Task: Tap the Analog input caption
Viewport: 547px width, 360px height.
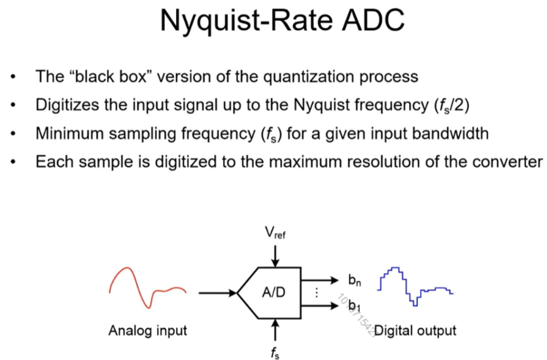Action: (147, 331)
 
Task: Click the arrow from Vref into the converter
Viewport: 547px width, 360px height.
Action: (275, 257)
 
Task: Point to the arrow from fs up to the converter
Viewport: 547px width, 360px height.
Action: (275, 327)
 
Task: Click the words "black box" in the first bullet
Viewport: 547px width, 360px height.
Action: (104, 77)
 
